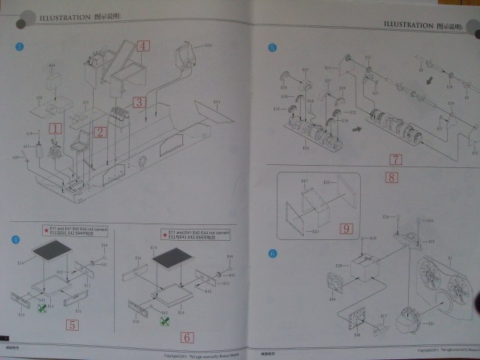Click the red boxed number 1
pos(54,128)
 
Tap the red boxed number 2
pos(99,133)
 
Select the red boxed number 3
pos(139,101)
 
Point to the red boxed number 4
pos(143,46)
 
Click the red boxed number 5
pos(73,325)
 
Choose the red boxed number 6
pos(187,337)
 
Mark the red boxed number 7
pos(395,159)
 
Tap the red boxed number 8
pos(390,178)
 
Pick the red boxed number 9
pos(346,228)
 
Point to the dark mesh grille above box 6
pos(172,260)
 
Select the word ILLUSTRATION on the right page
pos(409,24)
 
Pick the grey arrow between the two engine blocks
pos(357,129)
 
